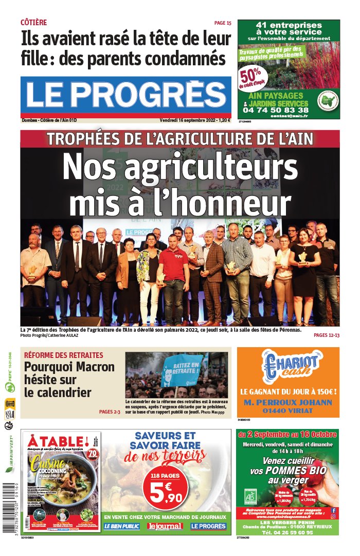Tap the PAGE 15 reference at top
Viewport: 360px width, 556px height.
223,23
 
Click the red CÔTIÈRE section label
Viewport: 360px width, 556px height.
33,23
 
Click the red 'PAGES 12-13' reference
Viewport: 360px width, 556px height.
326,335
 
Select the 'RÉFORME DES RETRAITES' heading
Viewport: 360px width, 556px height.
63,355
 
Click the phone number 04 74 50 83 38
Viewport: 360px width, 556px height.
276,110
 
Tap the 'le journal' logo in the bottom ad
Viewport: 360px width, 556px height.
165,526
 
